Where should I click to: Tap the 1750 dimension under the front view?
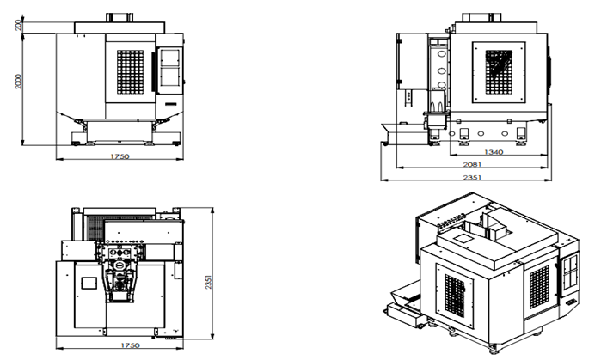(120, 157)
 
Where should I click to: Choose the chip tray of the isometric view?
(403, 303)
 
